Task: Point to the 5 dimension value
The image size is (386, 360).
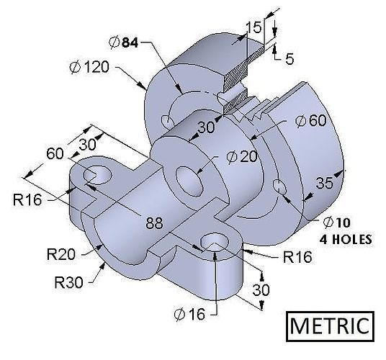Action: (289, 60)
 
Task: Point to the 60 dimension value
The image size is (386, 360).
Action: (55, 153)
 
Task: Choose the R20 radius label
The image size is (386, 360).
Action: (61, 254)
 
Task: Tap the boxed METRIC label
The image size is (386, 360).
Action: (332, 325)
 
